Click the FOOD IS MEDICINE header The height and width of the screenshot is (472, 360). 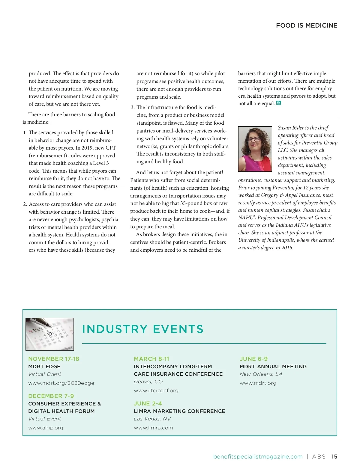click(x=307, y=25)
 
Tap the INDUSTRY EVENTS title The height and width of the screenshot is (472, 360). click(x=143, y=329)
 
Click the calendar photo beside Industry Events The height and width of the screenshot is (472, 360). click(x=50, y=334)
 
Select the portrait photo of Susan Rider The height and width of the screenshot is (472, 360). click(x=255, y=149)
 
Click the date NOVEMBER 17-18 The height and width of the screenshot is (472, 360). click(x=54, y=359)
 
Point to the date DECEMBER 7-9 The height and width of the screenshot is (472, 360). click(x=51, y=396)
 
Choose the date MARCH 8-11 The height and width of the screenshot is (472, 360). click(x=151, y=359)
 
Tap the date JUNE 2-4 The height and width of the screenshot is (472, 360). click(x=148, y=403)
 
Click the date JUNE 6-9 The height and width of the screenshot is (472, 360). click(x=253, y=359)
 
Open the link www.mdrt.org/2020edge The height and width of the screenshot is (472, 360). click(x=61, y=383)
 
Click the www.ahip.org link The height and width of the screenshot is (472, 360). click(x=46, y=428)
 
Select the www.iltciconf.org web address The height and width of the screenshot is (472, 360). click(x=156, y=390)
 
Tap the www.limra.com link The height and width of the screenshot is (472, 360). click(x=153, y=428)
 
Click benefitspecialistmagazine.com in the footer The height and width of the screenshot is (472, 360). click(x=258, y=457)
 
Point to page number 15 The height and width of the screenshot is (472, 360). click(x=334, y=457)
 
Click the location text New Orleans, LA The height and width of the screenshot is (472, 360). click(x=261, y=374)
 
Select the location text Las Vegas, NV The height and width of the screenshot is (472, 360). click(x=152, y=419)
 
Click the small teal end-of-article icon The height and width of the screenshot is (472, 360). click(x=278, y=103)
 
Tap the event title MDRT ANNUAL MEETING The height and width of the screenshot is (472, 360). click(x=273, y=367)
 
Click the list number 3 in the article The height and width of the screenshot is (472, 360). click(x=132, y=107)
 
